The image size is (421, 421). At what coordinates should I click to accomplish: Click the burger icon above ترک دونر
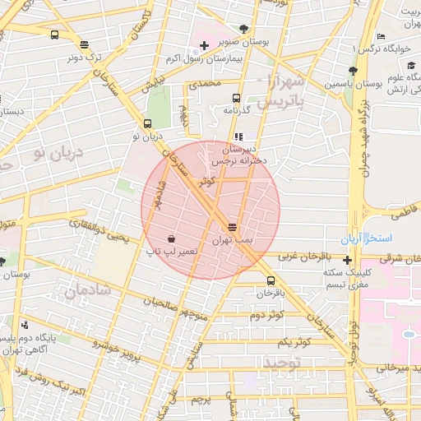(x=85, y=45)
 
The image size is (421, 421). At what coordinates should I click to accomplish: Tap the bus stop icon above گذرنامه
(x=237, y=97)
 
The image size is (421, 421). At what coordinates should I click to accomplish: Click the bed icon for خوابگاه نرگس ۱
(x=380, y=38)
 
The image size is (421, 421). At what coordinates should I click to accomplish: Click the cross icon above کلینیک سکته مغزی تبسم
(x=349, y=261)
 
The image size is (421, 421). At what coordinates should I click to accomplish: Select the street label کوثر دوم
(x=266, y=315)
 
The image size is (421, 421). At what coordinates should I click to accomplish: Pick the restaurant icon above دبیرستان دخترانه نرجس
(x=238, y=136)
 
